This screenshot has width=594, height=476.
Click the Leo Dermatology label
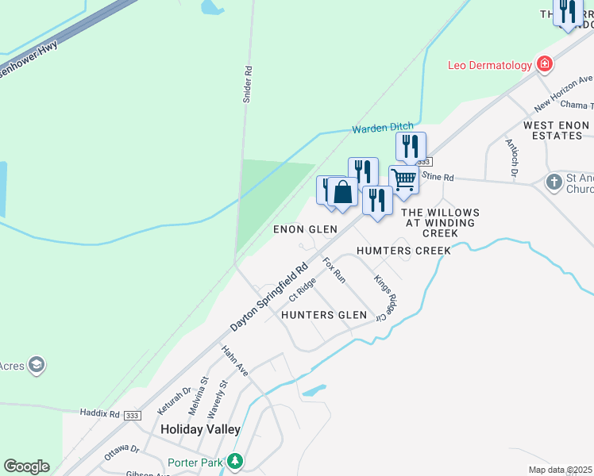[490, 66]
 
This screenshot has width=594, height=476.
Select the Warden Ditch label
[382, 129]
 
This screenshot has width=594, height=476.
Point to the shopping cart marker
[403, 180]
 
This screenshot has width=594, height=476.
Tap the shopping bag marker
[343, 193]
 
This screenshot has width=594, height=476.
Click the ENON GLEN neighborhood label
[306, 229]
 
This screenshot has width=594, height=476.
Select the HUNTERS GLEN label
[325, 315]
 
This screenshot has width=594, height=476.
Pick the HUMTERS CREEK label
[403, 251]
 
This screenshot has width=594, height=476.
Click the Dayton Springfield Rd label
[269, 298]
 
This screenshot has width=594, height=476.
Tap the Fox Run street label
[334, 270]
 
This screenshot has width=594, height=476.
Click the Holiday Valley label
[200, 429]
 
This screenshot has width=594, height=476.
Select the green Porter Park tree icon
[234, 461]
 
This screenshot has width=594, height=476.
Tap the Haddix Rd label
[99, 413]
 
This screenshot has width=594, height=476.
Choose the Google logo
[26, 466]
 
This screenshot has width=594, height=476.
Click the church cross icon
[554, 183]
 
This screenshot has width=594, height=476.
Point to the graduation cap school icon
[36, 365]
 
